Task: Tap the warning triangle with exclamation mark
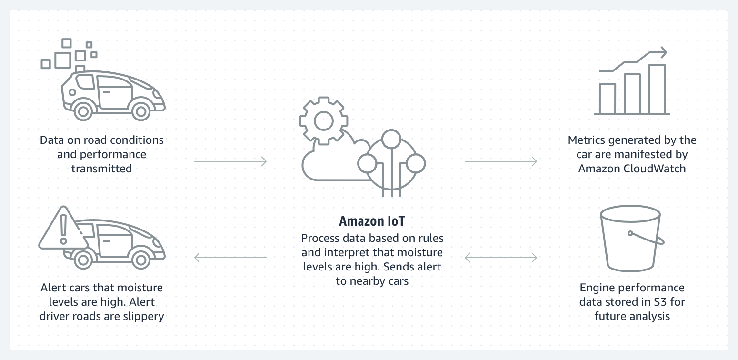(61, 231)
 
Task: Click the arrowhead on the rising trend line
(662, 52)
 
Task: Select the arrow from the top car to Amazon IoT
(230, 161)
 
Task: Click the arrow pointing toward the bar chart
(500, 161)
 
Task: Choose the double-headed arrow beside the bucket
(500, 258)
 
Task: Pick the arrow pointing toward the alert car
(230, 258)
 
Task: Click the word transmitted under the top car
(101, 169)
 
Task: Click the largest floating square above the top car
(63, 60)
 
